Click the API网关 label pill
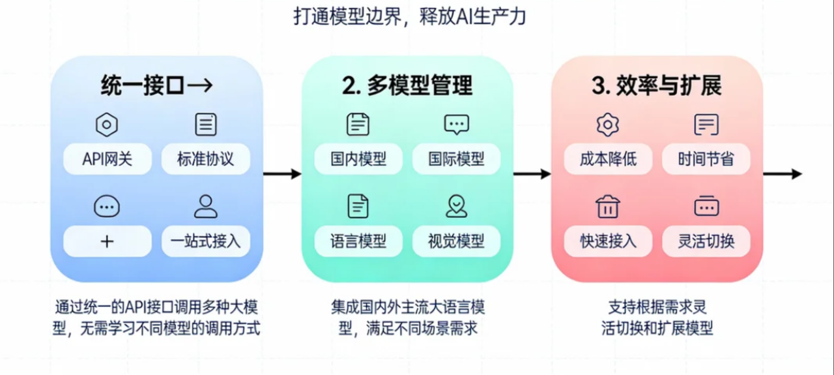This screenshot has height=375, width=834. (x=108, y=158)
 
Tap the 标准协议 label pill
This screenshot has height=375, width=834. (x=205, y=158)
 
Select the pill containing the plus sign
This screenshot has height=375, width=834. (x=108, y=241)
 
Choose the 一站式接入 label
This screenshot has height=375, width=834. (x=205, y=241)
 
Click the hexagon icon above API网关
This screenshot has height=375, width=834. (x=106, y=125)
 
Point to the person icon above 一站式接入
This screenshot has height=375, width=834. (x=206, y=206)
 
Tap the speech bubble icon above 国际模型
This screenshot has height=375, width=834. (x=456, y=125)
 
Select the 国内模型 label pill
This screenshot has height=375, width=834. (x=358, y=158)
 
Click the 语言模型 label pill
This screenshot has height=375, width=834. (x=358, y=241)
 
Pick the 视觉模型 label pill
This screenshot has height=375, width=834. (x=456, y=241)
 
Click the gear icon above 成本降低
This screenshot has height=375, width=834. (x=608, y=125)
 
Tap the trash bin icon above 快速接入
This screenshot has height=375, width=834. (x=608, y=207)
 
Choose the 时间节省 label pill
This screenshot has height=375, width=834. (x=706, y=158)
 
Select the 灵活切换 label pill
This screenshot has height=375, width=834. (x=706, y=241)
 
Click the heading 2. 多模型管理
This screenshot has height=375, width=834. (x=407, y=86)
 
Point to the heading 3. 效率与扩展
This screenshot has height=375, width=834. (x=657, y=86)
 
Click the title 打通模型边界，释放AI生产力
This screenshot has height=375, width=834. (x=409, y=16)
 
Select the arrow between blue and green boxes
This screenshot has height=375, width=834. (x=282, y=174)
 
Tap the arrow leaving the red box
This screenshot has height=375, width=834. (x=783, y=174)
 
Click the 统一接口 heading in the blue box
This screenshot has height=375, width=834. (x=156, y=86)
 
